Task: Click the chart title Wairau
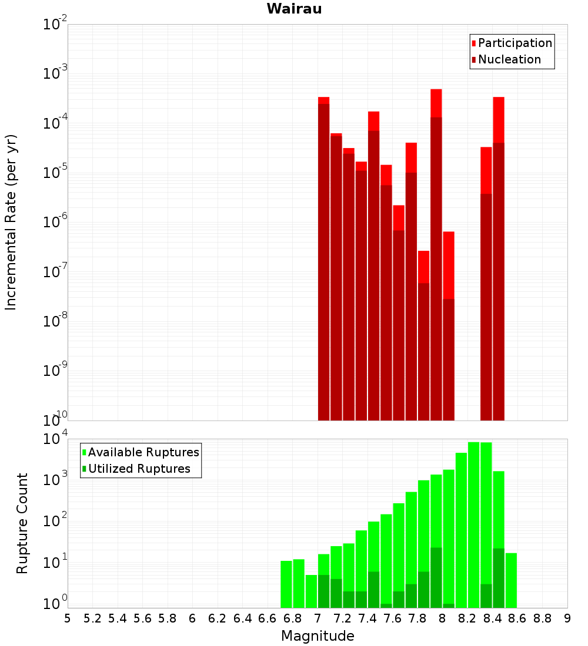[x=294, y=9]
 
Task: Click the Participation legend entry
[x=512, y=43]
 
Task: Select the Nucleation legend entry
[x=506, y=59]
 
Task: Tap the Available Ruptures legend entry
[x=141, y=452]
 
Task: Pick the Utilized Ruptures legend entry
[x=136, y=469]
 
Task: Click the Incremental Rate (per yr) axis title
[x=11, y=222]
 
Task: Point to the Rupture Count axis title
[x=22, y=523]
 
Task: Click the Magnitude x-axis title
[x=318, y=636]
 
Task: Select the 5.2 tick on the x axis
[x=92, y=619]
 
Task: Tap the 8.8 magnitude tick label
[x=542, y=619]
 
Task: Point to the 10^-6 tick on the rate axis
[x=55, y=221]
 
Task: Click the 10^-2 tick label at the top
[x=55, y=24]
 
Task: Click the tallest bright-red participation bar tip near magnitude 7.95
[x=436, y=89]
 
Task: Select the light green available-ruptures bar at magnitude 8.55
[x=511, y=580]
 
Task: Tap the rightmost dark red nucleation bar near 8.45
[x=499, y=281]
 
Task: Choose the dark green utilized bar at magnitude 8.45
[x=499, y=578]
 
